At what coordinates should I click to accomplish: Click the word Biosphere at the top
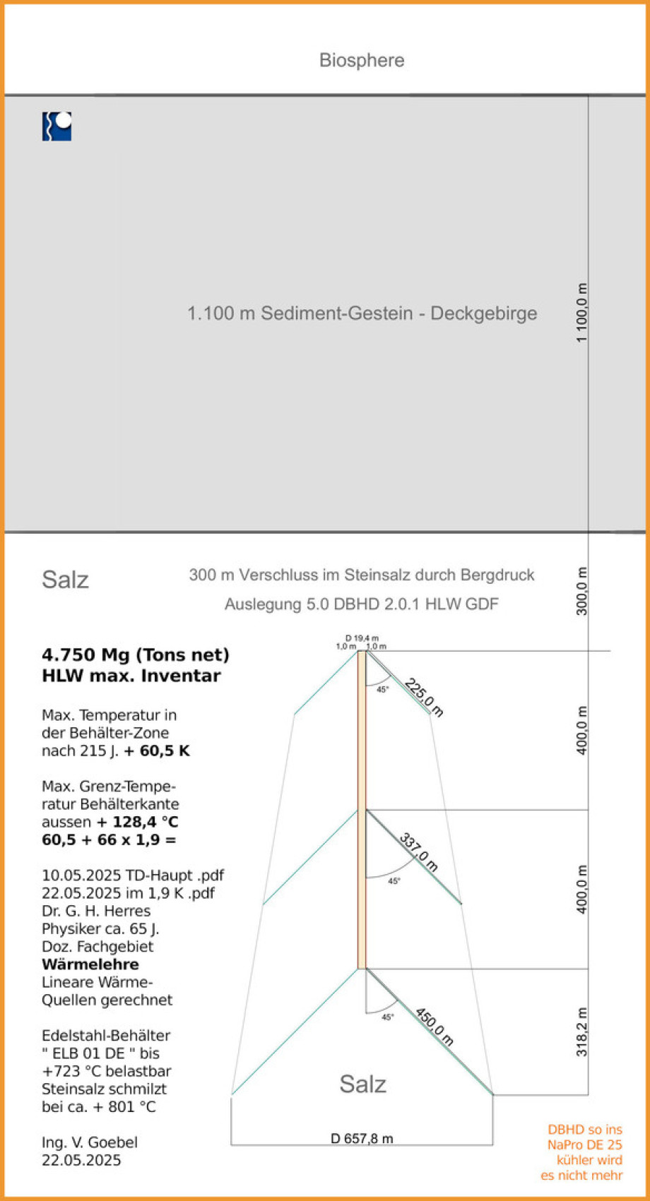point(362,60)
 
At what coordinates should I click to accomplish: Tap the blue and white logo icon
point(57,126)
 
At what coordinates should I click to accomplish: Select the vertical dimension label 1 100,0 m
point(581,313)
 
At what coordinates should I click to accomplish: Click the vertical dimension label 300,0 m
point(581,591)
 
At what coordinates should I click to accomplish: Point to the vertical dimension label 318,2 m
point(581,1032)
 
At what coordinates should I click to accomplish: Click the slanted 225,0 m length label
point(424,697)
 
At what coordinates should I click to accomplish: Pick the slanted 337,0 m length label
point(419,852)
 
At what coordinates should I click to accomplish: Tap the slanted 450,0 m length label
point(434,1027)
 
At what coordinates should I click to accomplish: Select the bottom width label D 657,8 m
point(362,1138)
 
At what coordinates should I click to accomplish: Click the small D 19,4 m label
point(362,638)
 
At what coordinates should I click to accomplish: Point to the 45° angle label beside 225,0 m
point(382,690)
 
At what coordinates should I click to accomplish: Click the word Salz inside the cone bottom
point(362,1084)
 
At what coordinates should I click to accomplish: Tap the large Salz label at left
point(65,580)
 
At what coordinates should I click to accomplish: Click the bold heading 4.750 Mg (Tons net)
point(136,655)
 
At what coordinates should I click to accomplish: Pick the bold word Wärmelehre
point(90,964)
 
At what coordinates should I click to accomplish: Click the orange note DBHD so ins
point(584,1130)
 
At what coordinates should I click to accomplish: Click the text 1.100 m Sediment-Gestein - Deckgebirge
point(362,313)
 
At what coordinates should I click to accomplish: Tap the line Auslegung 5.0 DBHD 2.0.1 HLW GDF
point(361,604)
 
